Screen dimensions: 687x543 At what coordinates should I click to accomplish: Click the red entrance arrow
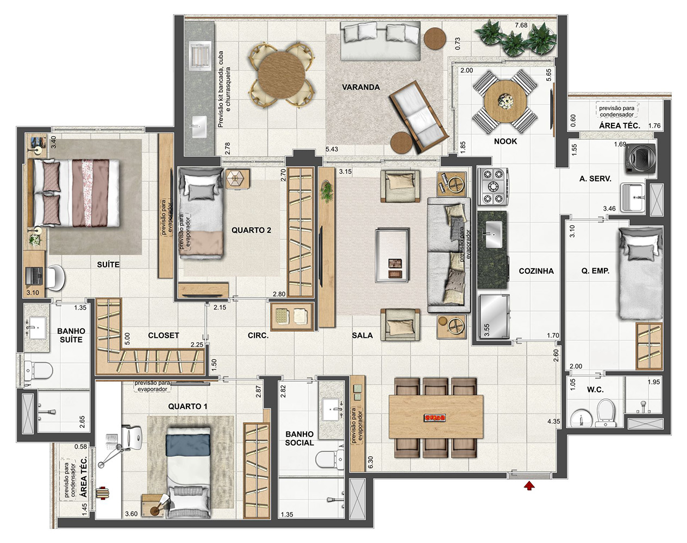click(529, 485)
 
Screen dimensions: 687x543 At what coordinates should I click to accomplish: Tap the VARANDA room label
click(361, 87)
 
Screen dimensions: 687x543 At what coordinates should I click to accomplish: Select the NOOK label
click(505, 141)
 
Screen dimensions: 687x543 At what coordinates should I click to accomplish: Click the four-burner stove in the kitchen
click(492, 186)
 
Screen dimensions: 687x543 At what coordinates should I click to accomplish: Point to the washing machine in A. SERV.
click(640, 159)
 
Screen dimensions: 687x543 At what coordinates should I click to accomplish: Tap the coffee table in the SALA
click(392, 255)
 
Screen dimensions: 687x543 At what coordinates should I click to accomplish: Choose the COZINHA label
click(536, 271)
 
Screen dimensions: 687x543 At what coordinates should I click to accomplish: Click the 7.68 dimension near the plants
click(521, 25)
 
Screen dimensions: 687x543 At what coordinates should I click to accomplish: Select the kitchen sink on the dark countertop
click(494, 235)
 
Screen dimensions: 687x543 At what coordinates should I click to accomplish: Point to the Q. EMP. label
click(595, 271)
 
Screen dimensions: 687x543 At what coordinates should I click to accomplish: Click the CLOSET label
click(164, 336)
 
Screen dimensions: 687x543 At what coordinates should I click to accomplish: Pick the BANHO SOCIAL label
click(299, 438)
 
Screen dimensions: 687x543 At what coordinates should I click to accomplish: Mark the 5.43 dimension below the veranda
click(332, 149)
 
